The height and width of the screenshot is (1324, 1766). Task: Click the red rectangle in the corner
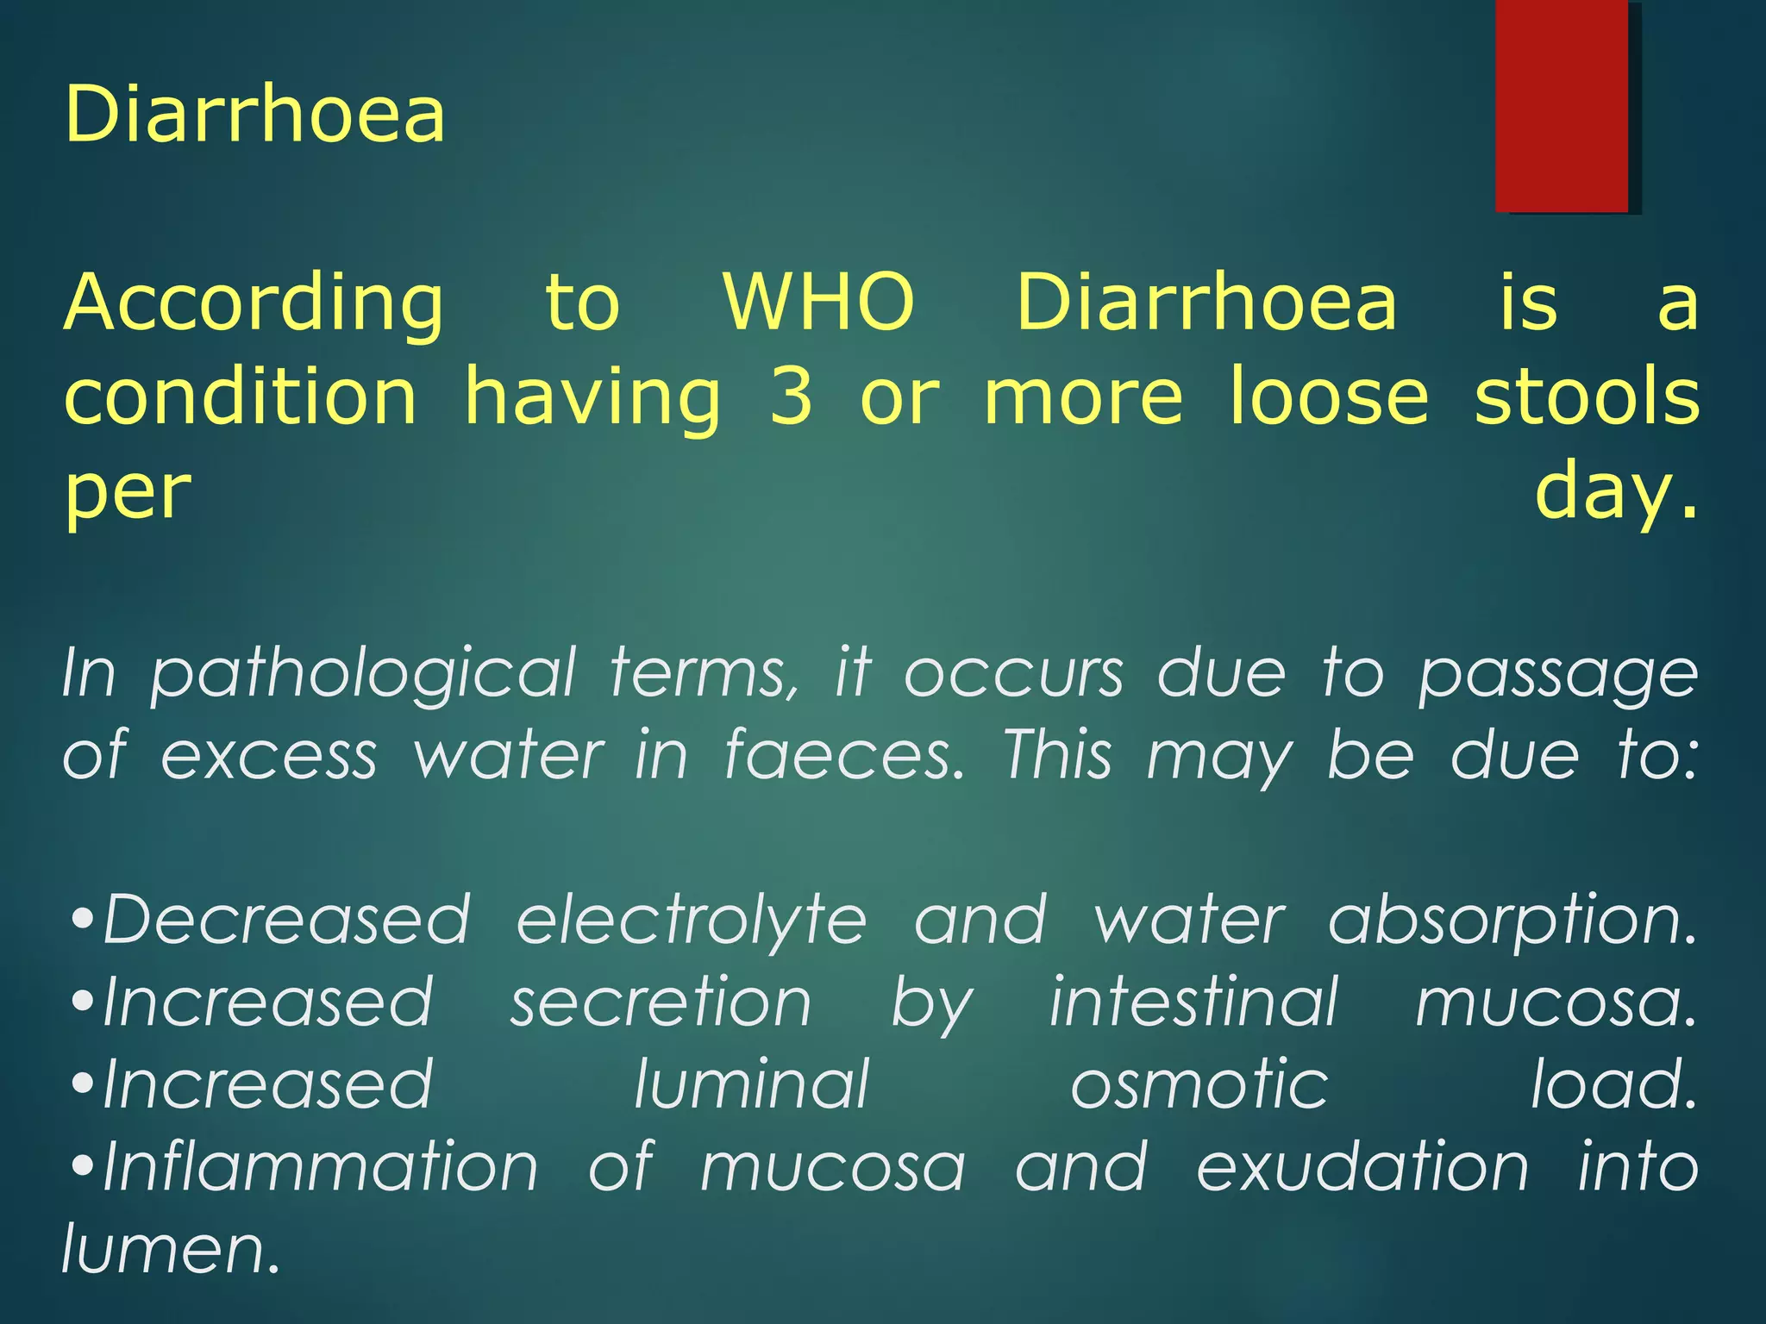coord(1562,106)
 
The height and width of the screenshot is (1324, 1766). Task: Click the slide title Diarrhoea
coord(255,114)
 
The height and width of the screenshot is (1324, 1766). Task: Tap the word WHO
coord(818,303)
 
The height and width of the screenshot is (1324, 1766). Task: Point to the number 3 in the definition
coord(791,397)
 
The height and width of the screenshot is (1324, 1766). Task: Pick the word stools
coord(1587,397)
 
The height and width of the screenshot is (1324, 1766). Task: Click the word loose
coord(1329,397)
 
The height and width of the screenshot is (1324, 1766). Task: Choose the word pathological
coord(363,675)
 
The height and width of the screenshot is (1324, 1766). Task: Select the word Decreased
coord(286,920)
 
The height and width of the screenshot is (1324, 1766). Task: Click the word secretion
coord(661,1002)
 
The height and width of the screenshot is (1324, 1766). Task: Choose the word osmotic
coord(1199,1084)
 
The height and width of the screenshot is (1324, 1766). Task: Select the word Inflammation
coord(320,1166)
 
